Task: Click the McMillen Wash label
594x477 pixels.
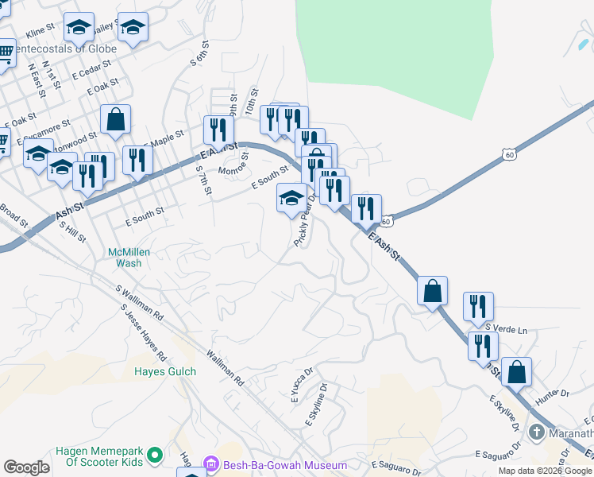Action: pyautogui.click(x=129, y=258)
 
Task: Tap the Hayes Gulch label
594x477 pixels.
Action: pyautogui.click(x=164, y=371)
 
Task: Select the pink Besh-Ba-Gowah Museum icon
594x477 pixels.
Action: pyautogui.click(x=211, y=464)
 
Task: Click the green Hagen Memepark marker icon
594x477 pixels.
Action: pyautogui.click(x=155, y=456)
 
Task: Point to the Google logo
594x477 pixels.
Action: pyautogui.click(x=26, y=467)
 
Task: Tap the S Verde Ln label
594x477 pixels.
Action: pyautogui.click(x=506, y=328)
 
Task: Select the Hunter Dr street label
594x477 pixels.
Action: pyautogui.click(x=553, y=393)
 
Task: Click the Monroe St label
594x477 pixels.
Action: pyautogui.click(x=233, y=169)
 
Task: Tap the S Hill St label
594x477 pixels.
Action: pyautogui.click(x=72, y=231)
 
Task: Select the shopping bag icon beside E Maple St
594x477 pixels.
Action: pyautogui.click(x=116, y=120)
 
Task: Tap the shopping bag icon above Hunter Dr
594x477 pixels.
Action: pyautogui.click(x=516, y=371)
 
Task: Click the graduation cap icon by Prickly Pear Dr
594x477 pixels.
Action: pyautogui.click(x=291, y=197)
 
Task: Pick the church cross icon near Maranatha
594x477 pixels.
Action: pyautogui.click(x=536, y=432)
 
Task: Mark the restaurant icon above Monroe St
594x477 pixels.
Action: pyautogui.click(x=218, y=130)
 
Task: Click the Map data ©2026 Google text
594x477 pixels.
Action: pyautogui.click(x=545, y=471)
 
